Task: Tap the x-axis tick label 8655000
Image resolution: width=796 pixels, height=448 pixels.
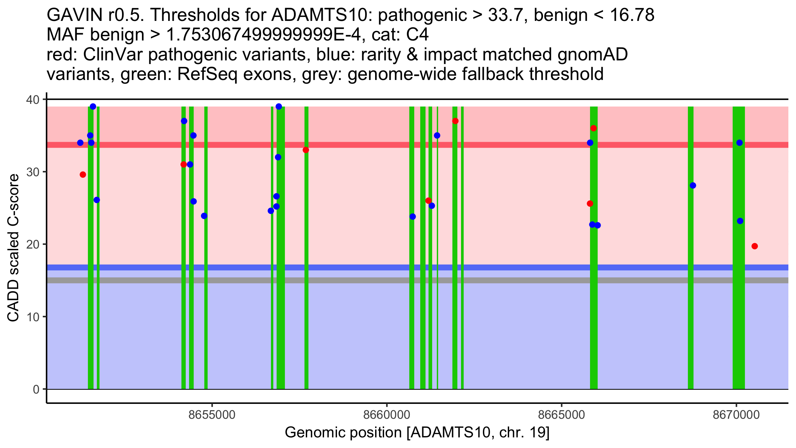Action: pyautogui.click(x=212, y=415)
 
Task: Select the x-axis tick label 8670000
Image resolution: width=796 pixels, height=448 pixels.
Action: pyautogui.click(x=736, y=415)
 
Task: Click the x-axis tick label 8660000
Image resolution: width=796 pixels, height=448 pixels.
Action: pyautogui.click(x=387, y=415)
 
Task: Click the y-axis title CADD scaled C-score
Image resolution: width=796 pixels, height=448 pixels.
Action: pyautogui.click(x=13, y=248)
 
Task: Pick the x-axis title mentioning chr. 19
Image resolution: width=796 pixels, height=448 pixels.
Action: pyautogui.click(x=417, y=433)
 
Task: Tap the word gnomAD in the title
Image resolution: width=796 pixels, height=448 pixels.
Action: pyautogui.click(x=592, y=55)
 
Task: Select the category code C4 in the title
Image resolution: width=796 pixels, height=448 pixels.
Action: pyautogui.click(x=417, y=35)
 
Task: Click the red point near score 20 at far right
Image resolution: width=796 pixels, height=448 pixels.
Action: pyautogui.click(x=755, y=246)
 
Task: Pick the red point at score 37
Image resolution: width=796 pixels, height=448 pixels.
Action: pyautogui.click(x=455, y=121)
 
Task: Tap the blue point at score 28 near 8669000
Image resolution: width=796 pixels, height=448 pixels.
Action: pyautogui.click(x=693, y=186)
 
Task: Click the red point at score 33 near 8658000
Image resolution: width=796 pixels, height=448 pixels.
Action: pyautogui.click(x=306, y=150)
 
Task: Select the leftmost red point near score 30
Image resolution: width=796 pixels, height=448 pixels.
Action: pyautogui.click(x=83, y=175)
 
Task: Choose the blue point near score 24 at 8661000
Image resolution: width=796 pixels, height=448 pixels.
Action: pyautogui.click(x=413, y=217)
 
